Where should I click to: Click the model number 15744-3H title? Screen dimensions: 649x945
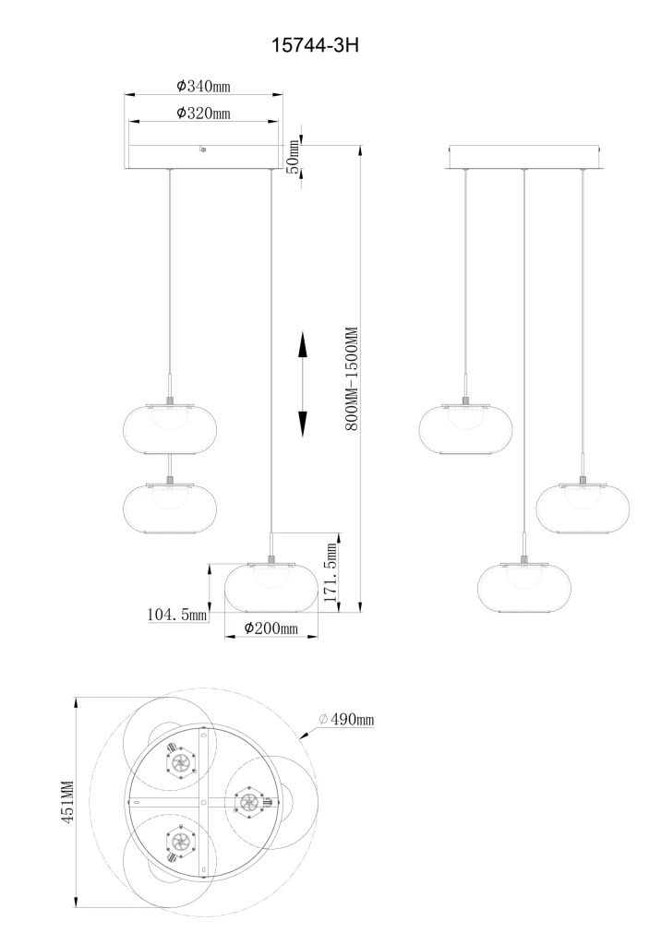pyautogui.click(x=315, y=44)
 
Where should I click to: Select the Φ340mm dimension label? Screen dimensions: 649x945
pyautogui.click(x=203, y=86)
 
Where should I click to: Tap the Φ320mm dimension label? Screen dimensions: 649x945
pyautogui.click(x=203, y=114)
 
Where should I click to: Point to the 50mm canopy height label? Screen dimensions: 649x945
pyautogui.click(x=293, y=157)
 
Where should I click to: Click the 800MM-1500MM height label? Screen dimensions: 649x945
pyautogui.click(x=352, y=378)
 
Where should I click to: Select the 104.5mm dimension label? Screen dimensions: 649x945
pyautogui.click(x=177, y=614)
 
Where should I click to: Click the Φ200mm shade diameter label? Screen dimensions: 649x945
pyautogui.click(x=270, y=628)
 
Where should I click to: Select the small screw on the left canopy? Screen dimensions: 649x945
pyautogui.click(x=203, y=149)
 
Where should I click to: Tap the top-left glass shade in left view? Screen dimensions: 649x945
pyautogui.click(x=170, y=428)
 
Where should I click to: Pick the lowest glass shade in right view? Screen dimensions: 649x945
pyautogui.click(x=524, y=588)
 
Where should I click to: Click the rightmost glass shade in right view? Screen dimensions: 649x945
pyautogui.click(x=582, y=508)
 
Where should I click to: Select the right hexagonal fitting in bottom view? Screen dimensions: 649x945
pyautogui.click(x=249, y=802)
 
